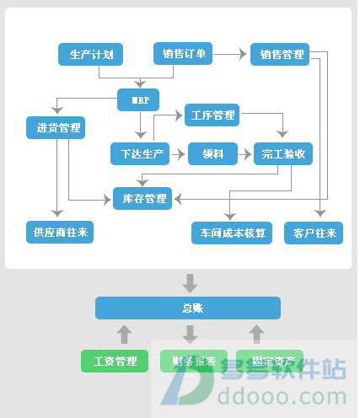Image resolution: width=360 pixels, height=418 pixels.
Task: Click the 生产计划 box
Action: (x=92, y=55)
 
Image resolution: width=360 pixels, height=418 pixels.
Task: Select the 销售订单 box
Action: (x=183, y=55)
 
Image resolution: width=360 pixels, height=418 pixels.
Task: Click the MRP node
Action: (x=140, y=102)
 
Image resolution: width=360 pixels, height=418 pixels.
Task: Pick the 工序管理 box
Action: (x=212, y=115)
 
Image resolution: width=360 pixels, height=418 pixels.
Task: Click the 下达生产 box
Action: (x=139, y=154)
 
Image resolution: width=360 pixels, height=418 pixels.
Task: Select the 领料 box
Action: (x=212, y=154)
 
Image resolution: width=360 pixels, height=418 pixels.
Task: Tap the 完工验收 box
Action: (x=284, y=154)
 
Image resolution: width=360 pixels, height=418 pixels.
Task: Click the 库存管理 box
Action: (x=142, y=199)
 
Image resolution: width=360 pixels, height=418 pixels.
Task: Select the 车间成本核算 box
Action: (x=232, y=233)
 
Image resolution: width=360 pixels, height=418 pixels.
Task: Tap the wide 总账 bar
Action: (x=187, y=308)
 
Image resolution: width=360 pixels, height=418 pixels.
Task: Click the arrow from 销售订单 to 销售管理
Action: (x=231, y=55)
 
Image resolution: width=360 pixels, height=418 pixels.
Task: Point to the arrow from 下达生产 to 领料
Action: (x=178, y=154)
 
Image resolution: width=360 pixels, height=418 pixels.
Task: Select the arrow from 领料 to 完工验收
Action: (x=245, y=154)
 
